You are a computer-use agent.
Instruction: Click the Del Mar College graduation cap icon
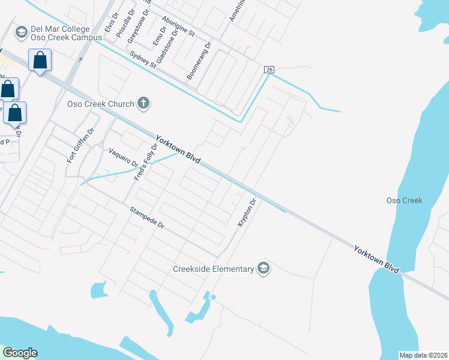[22, 32]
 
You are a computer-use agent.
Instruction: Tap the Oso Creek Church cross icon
[143, 104]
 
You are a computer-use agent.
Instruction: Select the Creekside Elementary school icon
[263, 268]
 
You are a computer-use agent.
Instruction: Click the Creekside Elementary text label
[213, 269]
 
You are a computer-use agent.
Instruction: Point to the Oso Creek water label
[405, 200]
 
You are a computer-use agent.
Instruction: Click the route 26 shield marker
[269, 70]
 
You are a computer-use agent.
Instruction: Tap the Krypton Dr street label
[247, 212]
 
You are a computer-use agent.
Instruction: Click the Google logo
[20, 353]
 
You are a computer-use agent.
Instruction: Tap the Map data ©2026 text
[423, 355]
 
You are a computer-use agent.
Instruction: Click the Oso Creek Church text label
[100, 104]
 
